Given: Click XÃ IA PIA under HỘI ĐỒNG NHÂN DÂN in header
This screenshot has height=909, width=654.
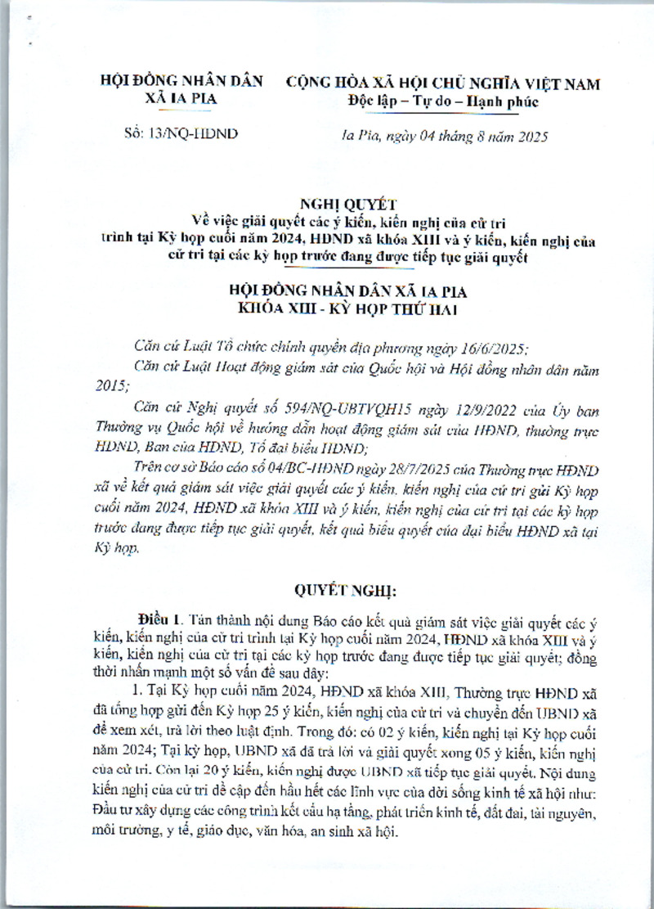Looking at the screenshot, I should tap(181, 101).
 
